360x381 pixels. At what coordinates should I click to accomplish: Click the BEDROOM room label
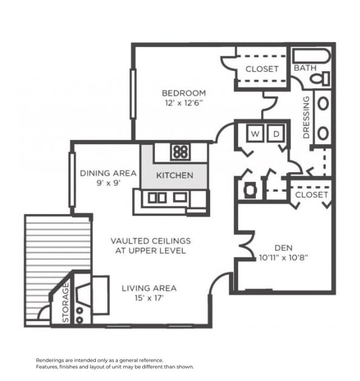tap(183, 93)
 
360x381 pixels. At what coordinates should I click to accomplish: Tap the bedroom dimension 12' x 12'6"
tap(183, 102)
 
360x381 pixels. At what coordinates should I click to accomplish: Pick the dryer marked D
tap(275, 134)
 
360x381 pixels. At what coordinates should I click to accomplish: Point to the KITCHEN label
tap(174, 176)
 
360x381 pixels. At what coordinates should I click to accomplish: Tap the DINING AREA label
tap(108, 173)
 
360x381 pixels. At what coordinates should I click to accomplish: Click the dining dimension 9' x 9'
tap(108, 183)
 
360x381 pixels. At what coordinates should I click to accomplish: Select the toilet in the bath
tap(320, 79)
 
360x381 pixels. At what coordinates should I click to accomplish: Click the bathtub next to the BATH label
tap(311, 56)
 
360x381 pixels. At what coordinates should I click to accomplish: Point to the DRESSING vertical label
tap(306, 117)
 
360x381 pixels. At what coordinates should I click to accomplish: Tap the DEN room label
tap(283, 248)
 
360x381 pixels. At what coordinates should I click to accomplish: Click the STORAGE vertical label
tap(66, 302)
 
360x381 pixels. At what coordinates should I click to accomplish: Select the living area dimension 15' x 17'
tap(149, 298)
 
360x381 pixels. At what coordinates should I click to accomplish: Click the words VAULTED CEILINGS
tap(150, 241)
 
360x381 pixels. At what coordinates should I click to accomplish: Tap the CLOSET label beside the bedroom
tap(262, 69)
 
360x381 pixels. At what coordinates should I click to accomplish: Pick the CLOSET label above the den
tap(311, 195)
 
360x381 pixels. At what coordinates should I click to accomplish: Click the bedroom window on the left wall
tap(133, 94)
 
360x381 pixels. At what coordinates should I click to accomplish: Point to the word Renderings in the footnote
tap(51, 360)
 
